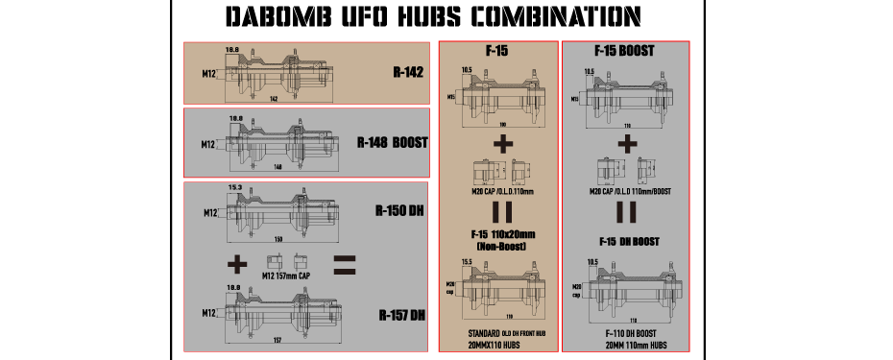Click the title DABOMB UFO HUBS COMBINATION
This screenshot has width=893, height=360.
point(431,17)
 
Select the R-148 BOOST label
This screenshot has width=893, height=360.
point(392,143)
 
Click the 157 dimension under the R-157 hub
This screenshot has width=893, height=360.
point(278,340)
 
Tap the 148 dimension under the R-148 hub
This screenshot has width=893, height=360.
point(278,167)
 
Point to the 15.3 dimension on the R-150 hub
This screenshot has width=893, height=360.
point(233,187)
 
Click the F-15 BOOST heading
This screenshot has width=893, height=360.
point(625,50)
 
